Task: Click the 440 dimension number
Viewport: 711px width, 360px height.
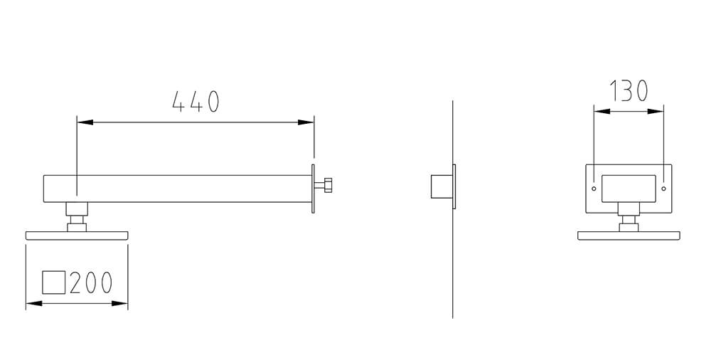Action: click(x=196, y=102)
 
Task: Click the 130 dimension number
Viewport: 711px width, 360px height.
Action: click(x=629, y=91)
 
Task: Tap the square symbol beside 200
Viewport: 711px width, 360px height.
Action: click(x=54, y=282)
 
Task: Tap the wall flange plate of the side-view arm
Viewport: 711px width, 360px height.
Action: click(x=313, y=188)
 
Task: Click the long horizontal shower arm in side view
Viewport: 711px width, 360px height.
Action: click(x=178, y=188)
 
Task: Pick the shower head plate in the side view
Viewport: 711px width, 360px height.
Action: click(x=77, y=235)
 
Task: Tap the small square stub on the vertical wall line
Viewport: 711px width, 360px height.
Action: click(x=441, y=186)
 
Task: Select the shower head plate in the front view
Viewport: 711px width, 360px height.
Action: click(x=629, y=235)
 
